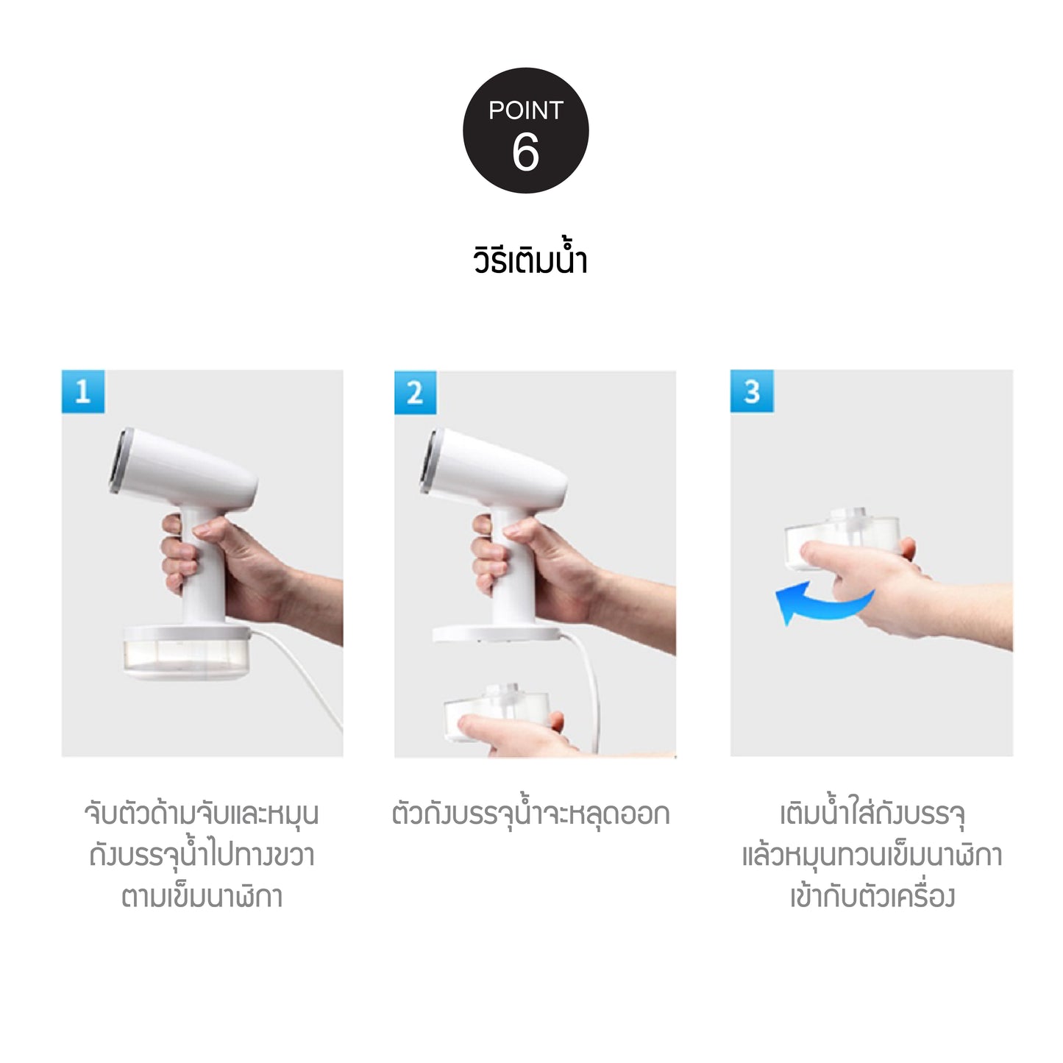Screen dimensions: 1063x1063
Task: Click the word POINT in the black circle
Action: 525,110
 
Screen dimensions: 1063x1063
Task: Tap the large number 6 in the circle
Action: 525,152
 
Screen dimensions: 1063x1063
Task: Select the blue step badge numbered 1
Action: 82,391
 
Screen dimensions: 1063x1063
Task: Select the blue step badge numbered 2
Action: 416,392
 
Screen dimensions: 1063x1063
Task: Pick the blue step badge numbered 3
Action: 751,391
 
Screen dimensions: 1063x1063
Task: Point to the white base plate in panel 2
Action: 497,634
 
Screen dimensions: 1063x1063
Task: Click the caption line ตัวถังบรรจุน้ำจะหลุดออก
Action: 530,815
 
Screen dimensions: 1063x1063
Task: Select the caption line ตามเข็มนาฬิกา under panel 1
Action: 202,897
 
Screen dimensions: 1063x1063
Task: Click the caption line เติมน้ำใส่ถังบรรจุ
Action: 872,815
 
